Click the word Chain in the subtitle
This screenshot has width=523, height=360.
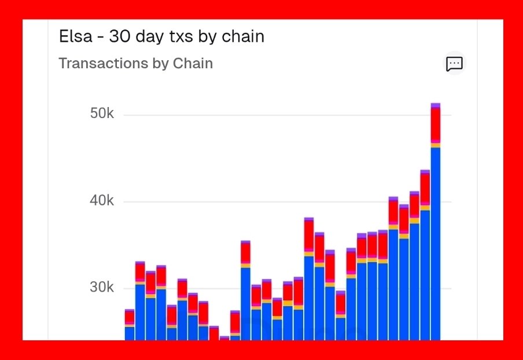coord(193,64)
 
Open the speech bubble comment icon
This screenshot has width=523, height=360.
coord(454,64)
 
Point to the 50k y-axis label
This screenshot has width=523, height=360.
coord(102,114)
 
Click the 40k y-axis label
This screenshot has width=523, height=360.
coord(102,201)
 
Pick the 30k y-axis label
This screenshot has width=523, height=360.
coord(102,288)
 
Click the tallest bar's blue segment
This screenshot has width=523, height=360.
coord(436,243)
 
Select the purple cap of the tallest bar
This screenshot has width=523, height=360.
coord(436,105)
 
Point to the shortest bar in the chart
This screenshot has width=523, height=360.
coord(224,338)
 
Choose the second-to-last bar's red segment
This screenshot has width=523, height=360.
coord(425,187)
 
